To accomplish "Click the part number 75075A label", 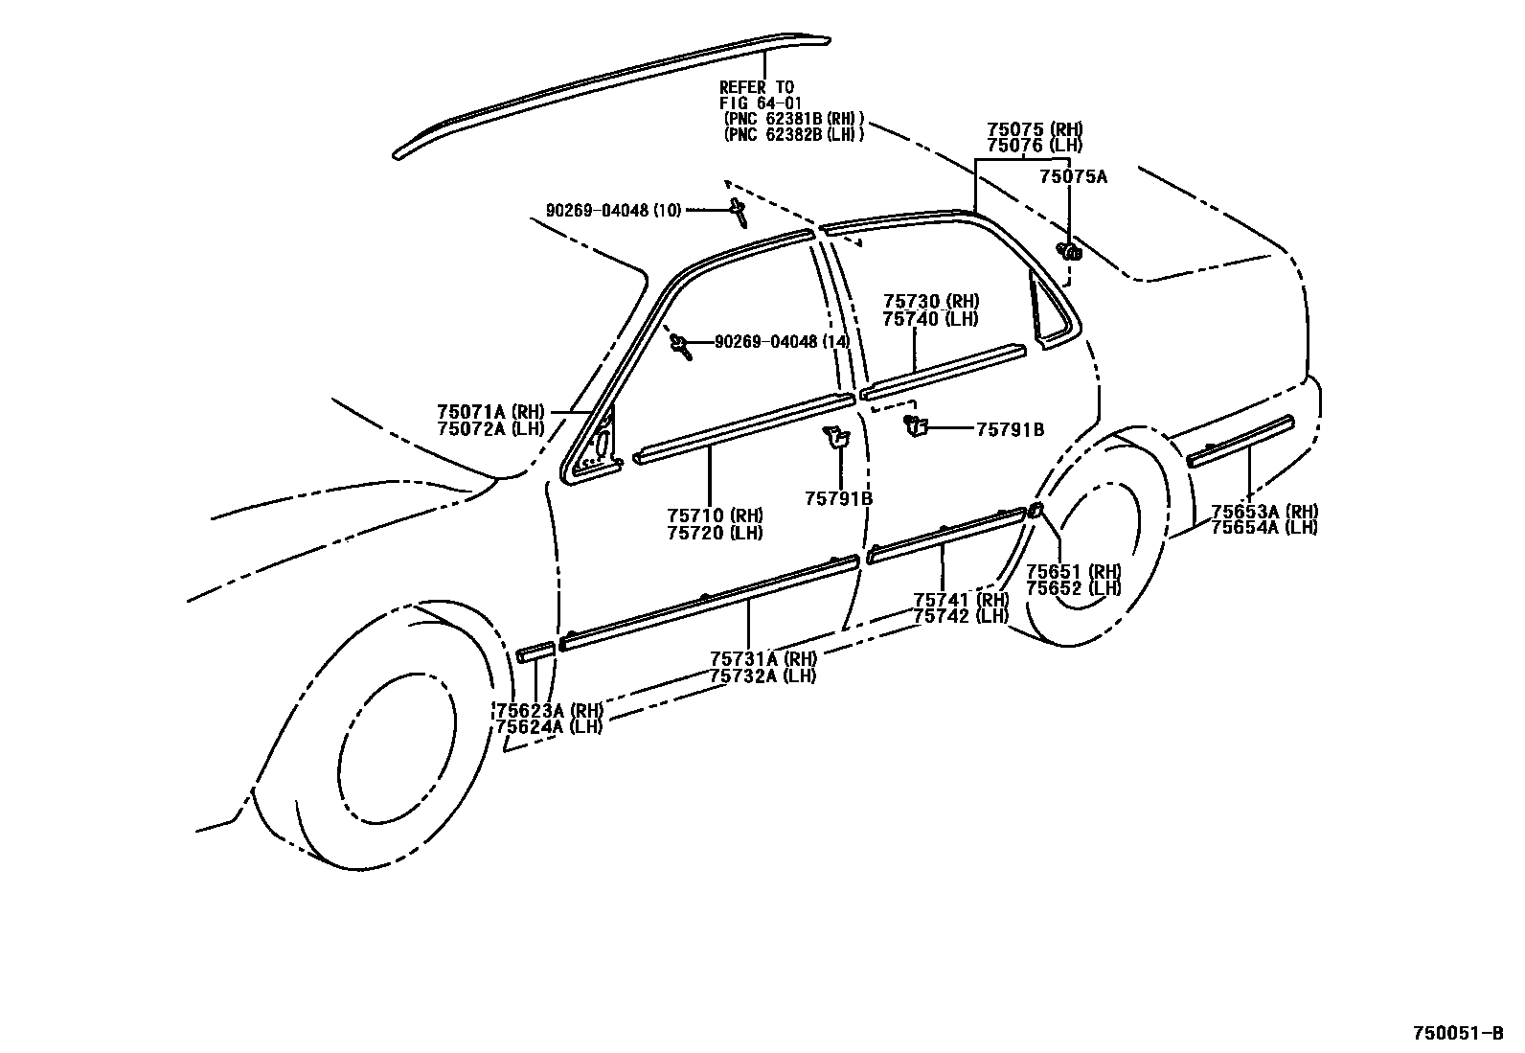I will tap(1073, 176).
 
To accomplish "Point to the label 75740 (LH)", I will tap(930, 319).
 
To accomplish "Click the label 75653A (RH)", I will tap(1263, 512).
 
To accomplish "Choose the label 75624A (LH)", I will tap(549, 726).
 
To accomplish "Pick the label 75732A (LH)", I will tap(762, 675).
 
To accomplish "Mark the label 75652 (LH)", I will tap(1073, 588).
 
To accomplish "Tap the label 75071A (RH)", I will tap(490, 413).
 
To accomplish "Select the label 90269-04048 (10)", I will tap(613, 210).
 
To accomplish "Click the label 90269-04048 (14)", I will tap(781, 342).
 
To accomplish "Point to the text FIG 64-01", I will tap(761, 103).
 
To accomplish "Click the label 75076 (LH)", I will tap(1035, 146).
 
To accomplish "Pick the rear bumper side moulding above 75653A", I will tap(1240, 441).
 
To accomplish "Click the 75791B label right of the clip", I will tap(1010, 430).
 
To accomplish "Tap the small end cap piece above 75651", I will tap(1036, 511).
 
